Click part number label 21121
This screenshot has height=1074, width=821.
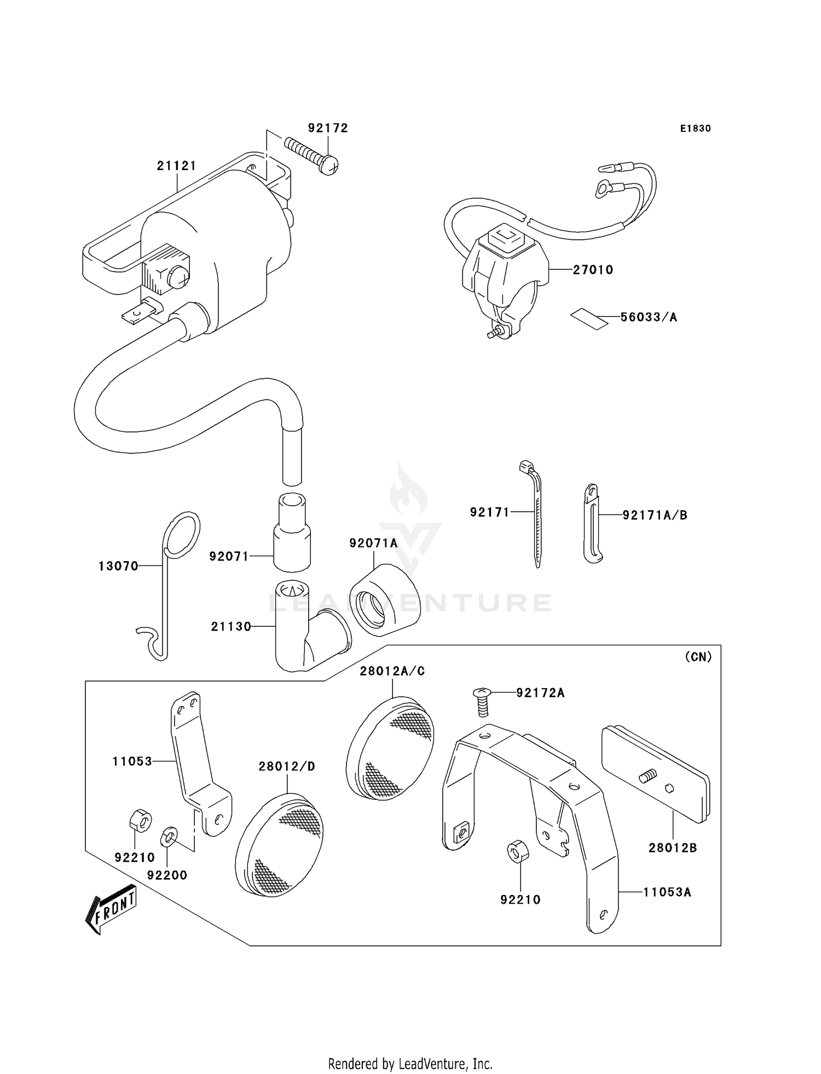(176, 165)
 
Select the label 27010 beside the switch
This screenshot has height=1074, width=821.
(593, 270)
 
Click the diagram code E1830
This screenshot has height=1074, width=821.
(695, 129)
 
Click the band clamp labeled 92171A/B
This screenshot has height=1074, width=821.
(592, 523)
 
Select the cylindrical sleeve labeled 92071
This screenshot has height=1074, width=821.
(292, 532)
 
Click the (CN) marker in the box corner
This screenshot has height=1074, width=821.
(698, 657)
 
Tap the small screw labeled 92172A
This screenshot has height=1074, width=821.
(482, 702)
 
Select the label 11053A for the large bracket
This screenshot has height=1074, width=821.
(667, 892)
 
